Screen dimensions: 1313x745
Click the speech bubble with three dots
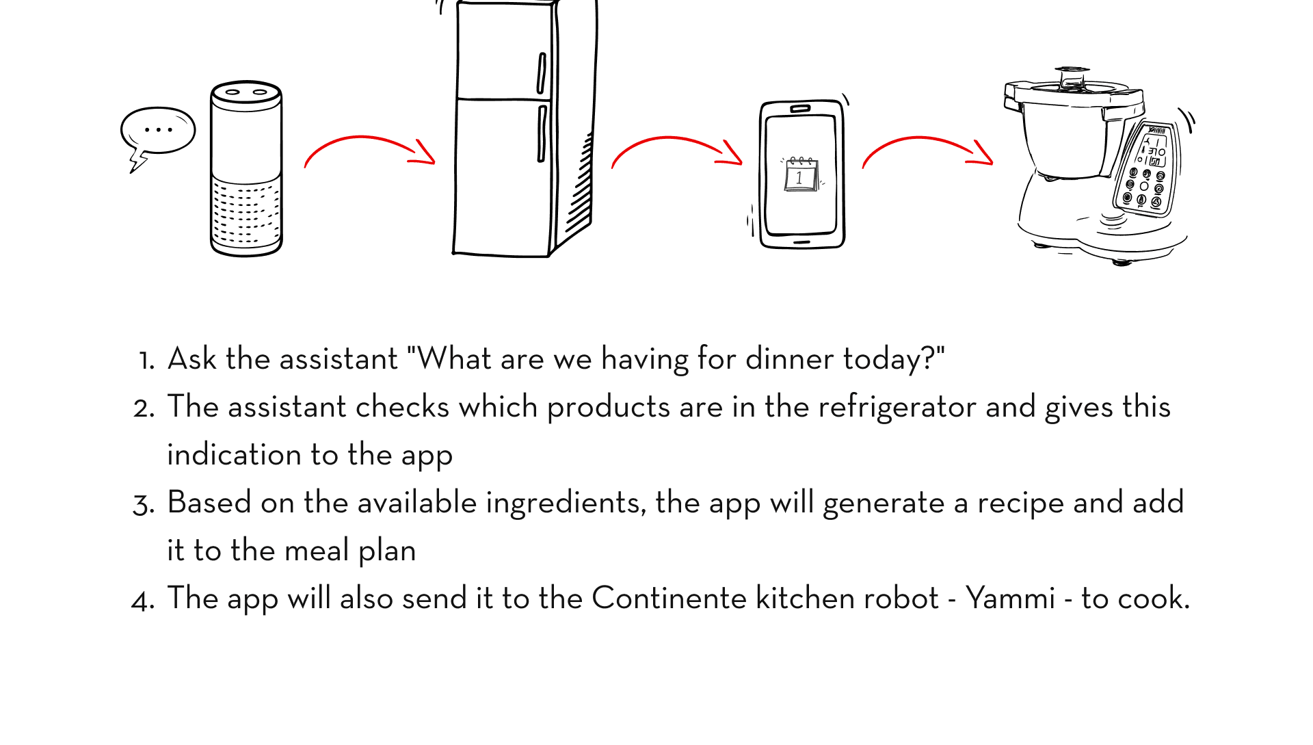[x=158, y=131]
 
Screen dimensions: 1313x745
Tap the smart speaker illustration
[x=246, y=168]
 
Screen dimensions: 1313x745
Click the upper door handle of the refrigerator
[x=542, y=73]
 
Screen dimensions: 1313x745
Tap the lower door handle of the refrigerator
[x=542, y=133]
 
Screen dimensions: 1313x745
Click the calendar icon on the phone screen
[x=801, y=174]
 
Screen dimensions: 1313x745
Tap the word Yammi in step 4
[x=1010, y=599]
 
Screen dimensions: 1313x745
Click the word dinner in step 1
[x=789, y=359]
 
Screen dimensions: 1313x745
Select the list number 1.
[x=146, y=361]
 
